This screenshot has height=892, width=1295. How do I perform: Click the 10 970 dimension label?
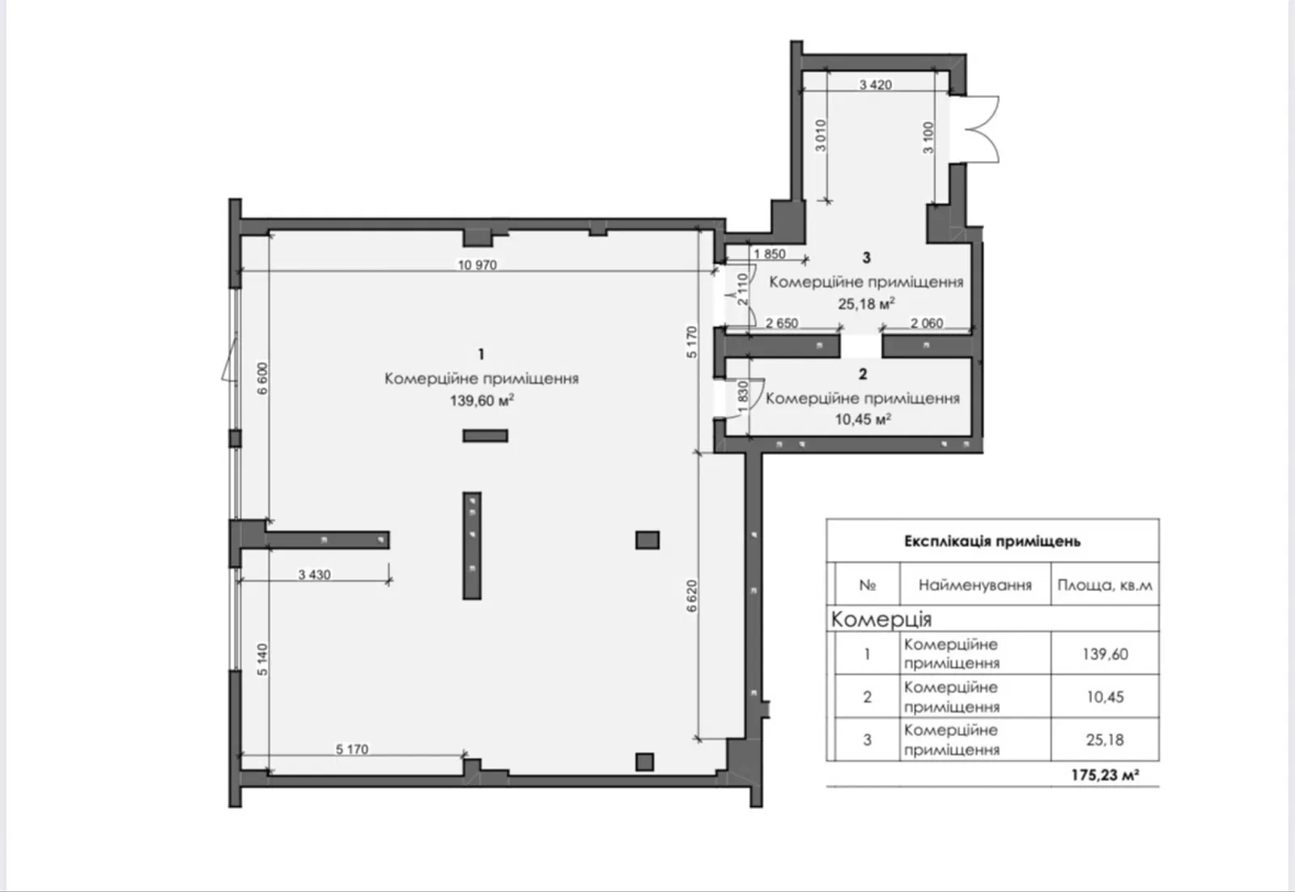478,265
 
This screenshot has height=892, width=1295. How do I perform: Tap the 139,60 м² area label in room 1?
482,400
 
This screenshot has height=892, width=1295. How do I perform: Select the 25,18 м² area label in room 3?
867,303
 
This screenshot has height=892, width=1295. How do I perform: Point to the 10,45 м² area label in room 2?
863,418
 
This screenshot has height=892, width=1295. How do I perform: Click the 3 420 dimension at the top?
875,84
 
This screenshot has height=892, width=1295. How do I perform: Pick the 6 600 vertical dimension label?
262,378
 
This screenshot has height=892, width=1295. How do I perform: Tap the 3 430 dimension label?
315,574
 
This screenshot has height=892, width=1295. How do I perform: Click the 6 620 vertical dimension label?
692,596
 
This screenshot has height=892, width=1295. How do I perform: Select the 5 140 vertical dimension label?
262,660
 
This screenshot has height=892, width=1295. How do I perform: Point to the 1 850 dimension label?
770,254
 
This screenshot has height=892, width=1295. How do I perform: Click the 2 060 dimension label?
927,323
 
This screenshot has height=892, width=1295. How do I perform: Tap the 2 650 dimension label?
782,323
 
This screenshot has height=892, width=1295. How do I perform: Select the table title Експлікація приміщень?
992,541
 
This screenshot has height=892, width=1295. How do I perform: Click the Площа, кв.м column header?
1105,585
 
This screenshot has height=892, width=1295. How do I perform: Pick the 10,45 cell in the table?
1105,697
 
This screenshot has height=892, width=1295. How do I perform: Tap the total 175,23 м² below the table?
1105,775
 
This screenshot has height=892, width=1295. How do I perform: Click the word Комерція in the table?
881,619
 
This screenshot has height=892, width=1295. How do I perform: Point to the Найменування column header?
974,585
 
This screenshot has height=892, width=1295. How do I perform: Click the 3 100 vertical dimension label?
928,138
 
